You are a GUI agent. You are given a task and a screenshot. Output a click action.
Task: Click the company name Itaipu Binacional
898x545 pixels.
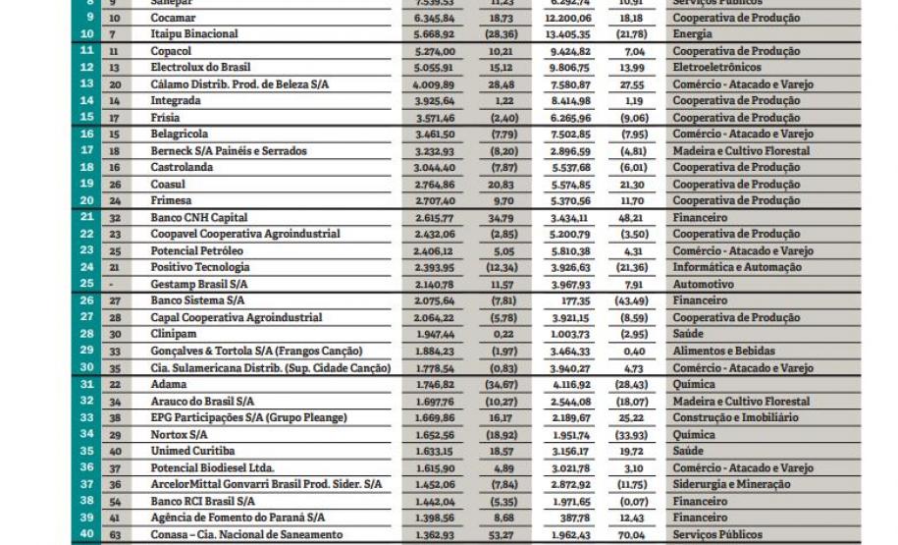click(194, 34)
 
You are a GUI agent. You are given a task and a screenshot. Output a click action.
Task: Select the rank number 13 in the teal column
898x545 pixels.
click(87, 84)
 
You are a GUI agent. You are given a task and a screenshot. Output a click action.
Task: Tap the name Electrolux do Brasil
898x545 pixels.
click(203, 68)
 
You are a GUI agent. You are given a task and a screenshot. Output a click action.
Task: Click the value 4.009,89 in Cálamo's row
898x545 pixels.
click(434, 84)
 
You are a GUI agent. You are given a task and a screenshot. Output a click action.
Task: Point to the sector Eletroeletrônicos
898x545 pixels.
click(716, 68)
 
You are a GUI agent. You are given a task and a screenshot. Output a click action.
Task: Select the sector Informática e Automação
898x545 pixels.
click(737, 267)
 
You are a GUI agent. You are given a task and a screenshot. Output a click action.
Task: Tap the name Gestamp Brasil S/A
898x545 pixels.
click(199, 284)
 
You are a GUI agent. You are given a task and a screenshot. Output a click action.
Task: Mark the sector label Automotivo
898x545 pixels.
click(704, 284)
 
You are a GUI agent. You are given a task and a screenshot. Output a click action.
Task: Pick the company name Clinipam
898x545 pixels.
click(175, 334)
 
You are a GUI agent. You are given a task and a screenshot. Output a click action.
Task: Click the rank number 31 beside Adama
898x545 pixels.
click(87, 384)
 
